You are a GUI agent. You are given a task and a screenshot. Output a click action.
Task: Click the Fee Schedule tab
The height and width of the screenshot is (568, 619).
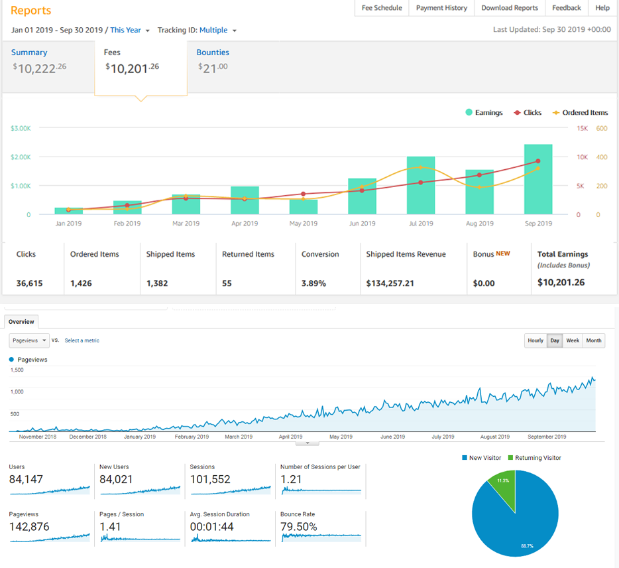[382, 8]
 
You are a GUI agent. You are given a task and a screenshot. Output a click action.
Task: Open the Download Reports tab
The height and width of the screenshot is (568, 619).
[510, 8]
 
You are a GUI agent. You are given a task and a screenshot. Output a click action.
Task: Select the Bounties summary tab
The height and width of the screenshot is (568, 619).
[213, 52]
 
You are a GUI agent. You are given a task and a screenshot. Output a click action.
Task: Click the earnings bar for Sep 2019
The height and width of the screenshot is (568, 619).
[537, 179]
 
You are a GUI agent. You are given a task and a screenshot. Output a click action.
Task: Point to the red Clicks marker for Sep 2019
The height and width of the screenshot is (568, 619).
[538, 161]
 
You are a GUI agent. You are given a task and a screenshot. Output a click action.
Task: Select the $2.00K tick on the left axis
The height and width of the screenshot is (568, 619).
[21, 157]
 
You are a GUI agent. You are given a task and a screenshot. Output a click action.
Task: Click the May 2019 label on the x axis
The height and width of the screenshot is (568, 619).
[304, 224]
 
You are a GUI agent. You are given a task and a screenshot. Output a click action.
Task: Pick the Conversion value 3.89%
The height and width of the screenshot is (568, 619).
[313, 283]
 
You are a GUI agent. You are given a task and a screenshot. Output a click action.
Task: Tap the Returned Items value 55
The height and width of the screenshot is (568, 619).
[227, 283]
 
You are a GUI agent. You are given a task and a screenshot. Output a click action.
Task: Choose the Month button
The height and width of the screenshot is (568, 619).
[594, 340]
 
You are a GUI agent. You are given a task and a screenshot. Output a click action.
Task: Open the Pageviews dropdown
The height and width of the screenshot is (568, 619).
[29, 340]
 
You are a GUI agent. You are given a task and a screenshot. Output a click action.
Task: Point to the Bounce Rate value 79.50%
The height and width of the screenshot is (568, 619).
[299, 527]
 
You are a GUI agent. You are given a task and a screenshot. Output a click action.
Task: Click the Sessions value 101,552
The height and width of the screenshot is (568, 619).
[210, 479]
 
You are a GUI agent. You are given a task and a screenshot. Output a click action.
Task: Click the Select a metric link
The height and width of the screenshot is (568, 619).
[82, 340]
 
